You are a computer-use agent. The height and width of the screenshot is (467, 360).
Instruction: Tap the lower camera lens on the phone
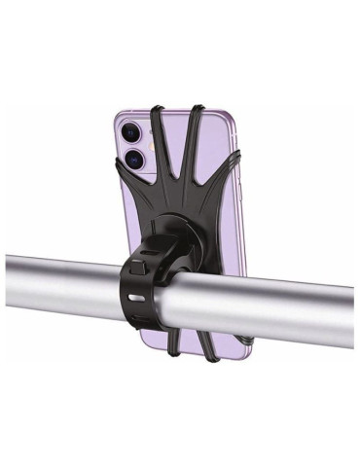click(135, 158)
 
